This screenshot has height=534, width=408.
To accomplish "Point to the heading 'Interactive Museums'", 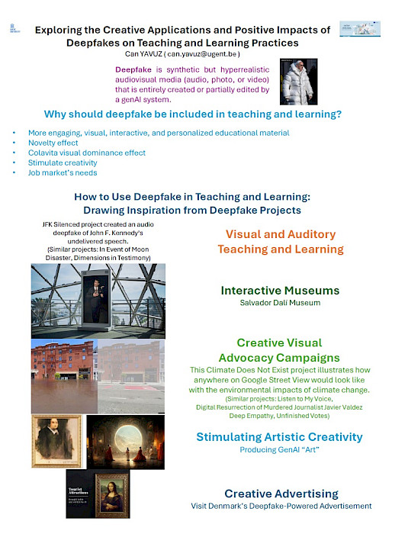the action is coord(280,291).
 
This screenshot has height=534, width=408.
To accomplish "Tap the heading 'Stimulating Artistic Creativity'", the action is coord(279,437).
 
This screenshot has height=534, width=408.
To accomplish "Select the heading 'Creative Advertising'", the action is coord(281,494).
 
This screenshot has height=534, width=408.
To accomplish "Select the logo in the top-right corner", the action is coord(360,29).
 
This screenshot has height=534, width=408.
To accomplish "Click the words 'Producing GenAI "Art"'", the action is coord(279,450).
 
